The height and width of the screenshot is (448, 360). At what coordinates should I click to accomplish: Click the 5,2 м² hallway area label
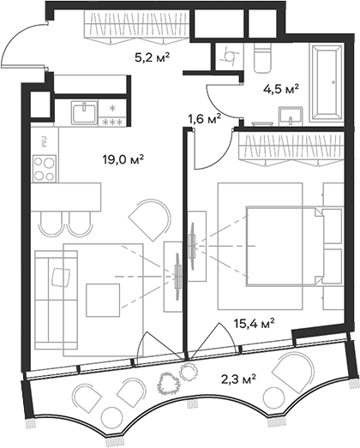153,59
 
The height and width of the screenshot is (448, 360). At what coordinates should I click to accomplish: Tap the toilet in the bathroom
261,58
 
